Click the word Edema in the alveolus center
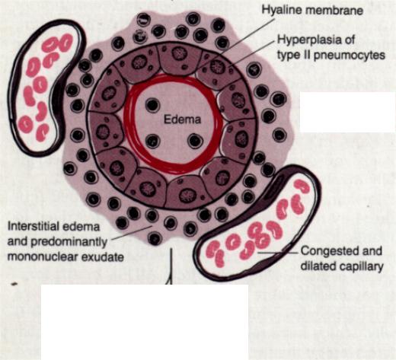pyautogui.click(x=182, y=119)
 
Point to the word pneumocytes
pyautogui.click(x=350, y=56)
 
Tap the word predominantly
pyautogui.click(x=69, y=242)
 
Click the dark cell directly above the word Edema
pyautogui.click(x=152, y=105)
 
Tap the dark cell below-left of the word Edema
pyautogui.click(x=152, y=141)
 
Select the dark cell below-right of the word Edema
pyautogui.click(x=195, y=141)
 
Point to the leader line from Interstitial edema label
pyautogui.click(x=132, y=232)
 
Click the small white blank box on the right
pyautogui.click(x=347, y=112)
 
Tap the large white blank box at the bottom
pyautogui.click(x=145, y=322)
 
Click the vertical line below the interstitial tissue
pyautogui.click(x=172, y=266)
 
